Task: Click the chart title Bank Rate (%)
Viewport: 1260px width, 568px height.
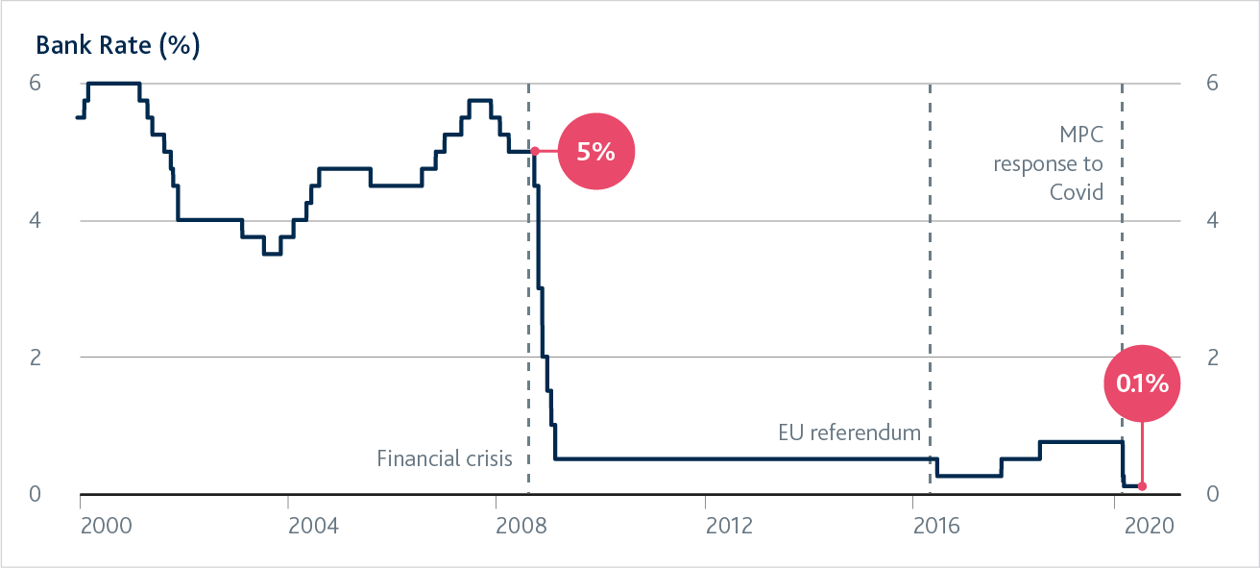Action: [117, 46]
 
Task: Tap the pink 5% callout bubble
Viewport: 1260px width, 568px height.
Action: [595, 151]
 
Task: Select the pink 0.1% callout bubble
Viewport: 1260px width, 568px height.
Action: [1142, 383]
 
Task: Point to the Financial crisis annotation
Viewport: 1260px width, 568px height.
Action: [445, 458]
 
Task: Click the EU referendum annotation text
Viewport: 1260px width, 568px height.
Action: [849, 433]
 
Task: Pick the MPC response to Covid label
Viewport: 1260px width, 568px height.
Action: [1049, 162]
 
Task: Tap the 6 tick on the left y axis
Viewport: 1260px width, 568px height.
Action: [35, 83]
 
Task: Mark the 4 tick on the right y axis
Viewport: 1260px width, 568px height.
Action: [1212, 220]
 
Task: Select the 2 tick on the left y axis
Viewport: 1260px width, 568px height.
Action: [35, 358]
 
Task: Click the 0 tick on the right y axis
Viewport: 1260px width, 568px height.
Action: [1212, 494]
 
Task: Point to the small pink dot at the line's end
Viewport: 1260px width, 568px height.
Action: [1142, 486]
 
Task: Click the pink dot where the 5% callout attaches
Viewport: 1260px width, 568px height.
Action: [535, 151]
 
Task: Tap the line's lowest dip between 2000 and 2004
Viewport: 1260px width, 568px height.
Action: [272, 254]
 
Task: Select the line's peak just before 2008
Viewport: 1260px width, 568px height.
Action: [480, 100]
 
